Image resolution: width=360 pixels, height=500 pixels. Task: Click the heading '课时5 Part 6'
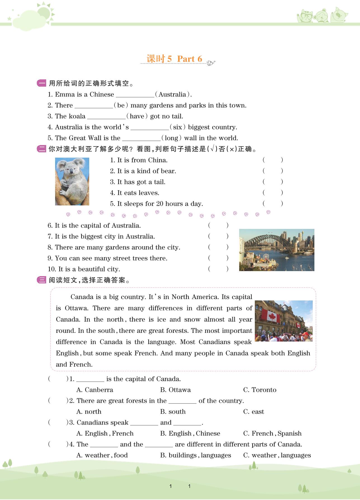pyautogui.click(x=174, y=59)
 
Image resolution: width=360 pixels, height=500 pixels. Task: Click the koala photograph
pyautogui.click(x=72, y=181)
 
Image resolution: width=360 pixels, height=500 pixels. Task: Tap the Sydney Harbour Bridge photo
pyautogui.click(x=277, y=250)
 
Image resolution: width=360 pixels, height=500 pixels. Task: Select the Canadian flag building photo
pyautogui.click(x=284, y=321)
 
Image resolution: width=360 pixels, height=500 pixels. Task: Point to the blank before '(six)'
pyautogui.click(x=150, y=127)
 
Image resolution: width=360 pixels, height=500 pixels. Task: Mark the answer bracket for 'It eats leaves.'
pyautogui.click(x=273, y=193)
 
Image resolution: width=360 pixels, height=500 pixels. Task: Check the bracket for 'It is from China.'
pyautogui.click(x=273, y=160)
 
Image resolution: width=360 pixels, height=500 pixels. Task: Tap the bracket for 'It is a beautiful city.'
pyautogui.click(x=218, y=269)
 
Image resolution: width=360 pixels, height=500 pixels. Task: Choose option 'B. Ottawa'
pyautogui.click(x=175, y=390)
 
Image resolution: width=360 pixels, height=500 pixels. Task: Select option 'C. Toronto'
pyautogui.click(x=260, y=390)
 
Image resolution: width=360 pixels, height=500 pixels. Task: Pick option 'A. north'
pyautogui.click(x=89, y=412)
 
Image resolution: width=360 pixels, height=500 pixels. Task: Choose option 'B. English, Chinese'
pyautogui.click(x=190, y=433)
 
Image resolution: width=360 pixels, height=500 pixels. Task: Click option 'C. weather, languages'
pyautogui.click(x=277, y=455)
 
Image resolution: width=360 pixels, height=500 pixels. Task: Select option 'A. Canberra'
pyautogui.click(x=95, y=390)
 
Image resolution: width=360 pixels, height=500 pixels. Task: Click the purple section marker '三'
pyautogui.click(x=41, y=280)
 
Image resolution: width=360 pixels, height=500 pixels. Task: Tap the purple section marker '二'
pyautogui.click(x=41, y=149)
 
